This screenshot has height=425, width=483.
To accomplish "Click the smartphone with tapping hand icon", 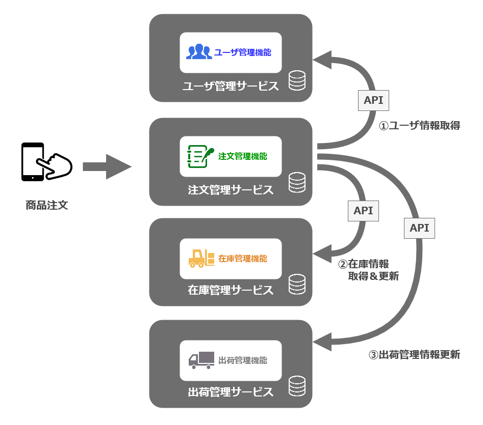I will point(46,162).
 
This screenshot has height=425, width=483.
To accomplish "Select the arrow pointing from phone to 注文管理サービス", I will point(107,166).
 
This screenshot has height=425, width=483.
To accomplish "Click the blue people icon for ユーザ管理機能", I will point(198,52).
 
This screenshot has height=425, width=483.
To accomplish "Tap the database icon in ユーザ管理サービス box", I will point(297,80).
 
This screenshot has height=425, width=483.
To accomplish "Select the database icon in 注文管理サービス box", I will point(297,183).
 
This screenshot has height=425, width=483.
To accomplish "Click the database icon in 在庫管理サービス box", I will point(297,284).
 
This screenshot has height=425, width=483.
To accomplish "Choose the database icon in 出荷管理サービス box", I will point(297,386).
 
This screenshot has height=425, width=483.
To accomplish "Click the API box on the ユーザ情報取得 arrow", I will point(373,100).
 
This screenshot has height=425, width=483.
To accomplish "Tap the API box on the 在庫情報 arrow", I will point(363,210).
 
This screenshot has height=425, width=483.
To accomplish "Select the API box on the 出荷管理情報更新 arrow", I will point(419,228).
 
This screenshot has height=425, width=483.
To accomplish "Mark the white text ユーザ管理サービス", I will point(231,86).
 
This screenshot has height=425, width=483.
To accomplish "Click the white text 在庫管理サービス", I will point(231,290).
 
